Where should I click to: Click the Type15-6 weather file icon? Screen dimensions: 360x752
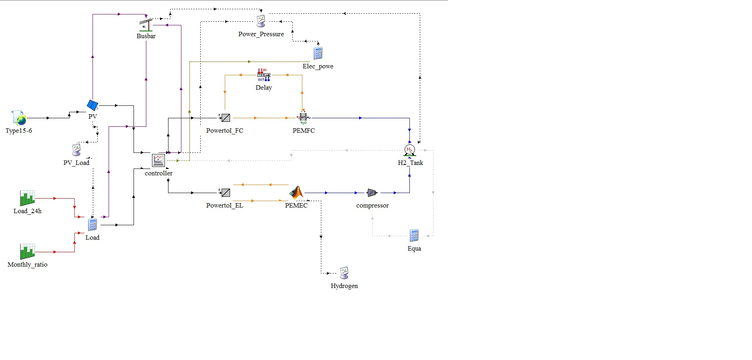point(19,118)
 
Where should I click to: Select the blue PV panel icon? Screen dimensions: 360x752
point(92,105)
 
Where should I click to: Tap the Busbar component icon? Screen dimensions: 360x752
point(146,25)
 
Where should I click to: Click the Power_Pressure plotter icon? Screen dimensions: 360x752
point(261,21)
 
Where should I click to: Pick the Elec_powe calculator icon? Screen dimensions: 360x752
point(318,53)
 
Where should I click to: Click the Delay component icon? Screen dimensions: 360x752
point(264,75)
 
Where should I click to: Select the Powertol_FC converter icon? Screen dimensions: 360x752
point(226,118)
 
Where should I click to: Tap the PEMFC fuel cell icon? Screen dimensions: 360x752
point(303,117)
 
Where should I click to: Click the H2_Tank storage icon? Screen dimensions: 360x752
point(409,150)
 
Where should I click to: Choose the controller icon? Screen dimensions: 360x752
point(158,160)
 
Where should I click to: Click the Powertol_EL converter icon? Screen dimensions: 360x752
point(226,193)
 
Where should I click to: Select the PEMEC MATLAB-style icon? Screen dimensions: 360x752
point(296,193)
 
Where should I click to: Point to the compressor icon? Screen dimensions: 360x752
point(372,193)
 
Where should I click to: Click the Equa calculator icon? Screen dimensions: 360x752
point(414,235)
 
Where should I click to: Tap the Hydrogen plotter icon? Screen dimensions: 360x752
point(344,272)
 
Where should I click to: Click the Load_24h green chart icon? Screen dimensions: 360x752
point(27,198)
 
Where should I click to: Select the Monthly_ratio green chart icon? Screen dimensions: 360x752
point(27,251)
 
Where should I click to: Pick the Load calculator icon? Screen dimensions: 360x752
point(92,224)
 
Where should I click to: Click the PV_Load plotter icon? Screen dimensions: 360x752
point(76,150)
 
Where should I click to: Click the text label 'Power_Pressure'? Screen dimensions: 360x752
point(261,34)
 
